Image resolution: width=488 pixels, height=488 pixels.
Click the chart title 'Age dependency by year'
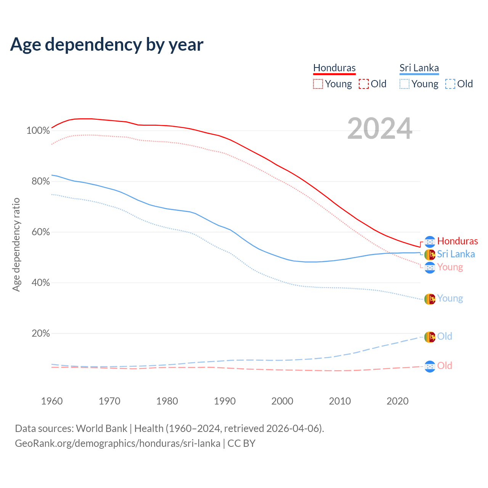click(x=107, y=45)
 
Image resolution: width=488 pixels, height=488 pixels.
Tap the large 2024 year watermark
click(x=380, y=128)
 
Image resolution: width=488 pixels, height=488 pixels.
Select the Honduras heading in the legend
click(x=334, y=68)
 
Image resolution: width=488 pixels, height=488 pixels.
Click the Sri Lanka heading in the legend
click(x=419, y=68)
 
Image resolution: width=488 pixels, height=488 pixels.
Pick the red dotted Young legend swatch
click(x=318, y=84)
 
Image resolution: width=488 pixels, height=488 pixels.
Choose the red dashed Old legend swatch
click(x=364, y=84)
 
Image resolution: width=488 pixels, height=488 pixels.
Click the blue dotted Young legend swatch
click(x=405, y=84)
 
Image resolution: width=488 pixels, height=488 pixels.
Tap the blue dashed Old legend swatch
click(x=450, y=84)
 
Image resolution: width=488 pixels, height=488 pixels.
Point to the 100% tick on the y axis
click(x=38, y=131)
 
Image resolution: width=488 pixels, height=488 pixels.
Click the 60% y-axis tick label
click(x=40, y=232)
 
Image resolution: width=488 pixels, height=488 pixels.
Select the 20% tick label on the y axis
click(x=40, y=334)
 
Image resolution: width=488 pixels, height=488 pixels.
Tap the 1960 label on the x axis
click(x=52, y=401)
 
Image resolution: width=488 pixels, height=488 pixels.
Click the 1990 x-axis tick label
click(x=225, y=401)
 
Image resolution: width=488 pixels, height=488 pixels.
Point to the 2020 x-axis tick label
click(x=398, y=401)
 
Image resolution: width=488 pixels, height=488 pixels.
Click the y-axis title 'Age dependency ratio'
click(x=16, y=244)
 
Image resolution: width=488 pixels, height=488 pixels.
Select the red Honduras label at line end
click(x=457, y=241)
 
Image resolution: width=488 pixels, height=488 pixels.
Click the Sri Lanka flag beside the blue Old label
click(x=430, y=337)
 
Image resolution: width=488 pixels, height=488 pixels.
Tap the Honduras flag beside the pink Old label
click(x=430, y=366)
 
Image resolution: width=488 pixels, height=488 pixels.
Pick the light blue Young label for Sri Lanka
click(x=450, y=299)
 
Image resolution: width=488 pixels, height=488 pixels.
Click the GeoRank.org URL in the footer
click(x=117, y=443)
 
